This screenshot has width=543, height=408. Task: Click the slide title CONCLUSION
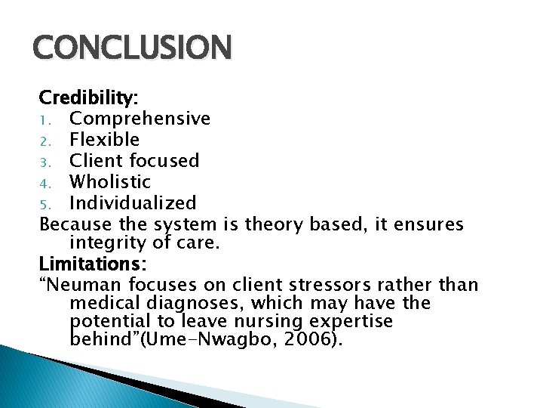[132, 48]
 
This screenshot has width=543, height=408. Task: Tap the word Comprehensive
[140, 119]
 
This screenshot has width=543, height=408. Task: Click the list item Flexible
[104, 140]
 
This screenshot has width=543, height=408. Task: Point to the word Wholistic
[110, 182]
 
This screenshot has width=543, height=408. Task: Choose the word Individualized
[133, 203]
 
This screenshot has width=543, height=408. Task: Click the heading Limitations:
[93, 264]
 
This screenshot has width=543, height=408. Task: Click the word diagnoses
[189, 303]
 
